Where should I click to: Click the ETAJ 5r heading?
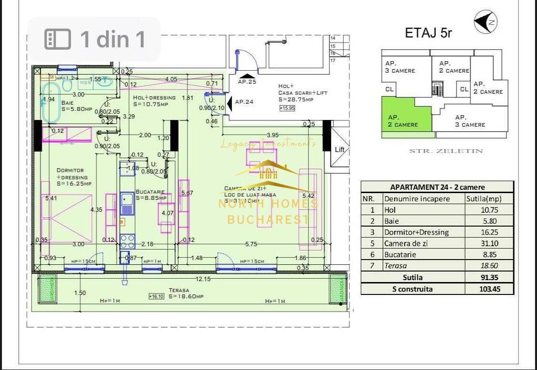428,33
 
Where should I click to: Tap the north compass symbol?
485,22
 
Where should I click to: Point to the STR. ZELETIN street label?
446,151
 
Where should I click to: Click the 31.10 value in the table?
489,243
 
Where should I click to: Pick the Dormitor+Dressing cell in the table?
416,232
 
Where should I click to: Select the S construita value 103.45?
489,289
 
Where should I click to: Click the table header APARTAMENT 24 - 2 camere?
437,187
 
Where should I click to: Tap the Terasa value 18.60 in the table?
489,266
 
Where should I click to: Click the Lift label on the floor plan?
339,150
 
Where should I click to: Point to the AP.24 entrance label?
244,101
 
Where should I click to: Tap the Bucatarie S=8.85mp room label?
151,194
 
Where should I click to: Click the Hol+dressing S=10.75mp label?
154,100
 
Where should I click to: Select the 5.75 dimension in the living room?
251,244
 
